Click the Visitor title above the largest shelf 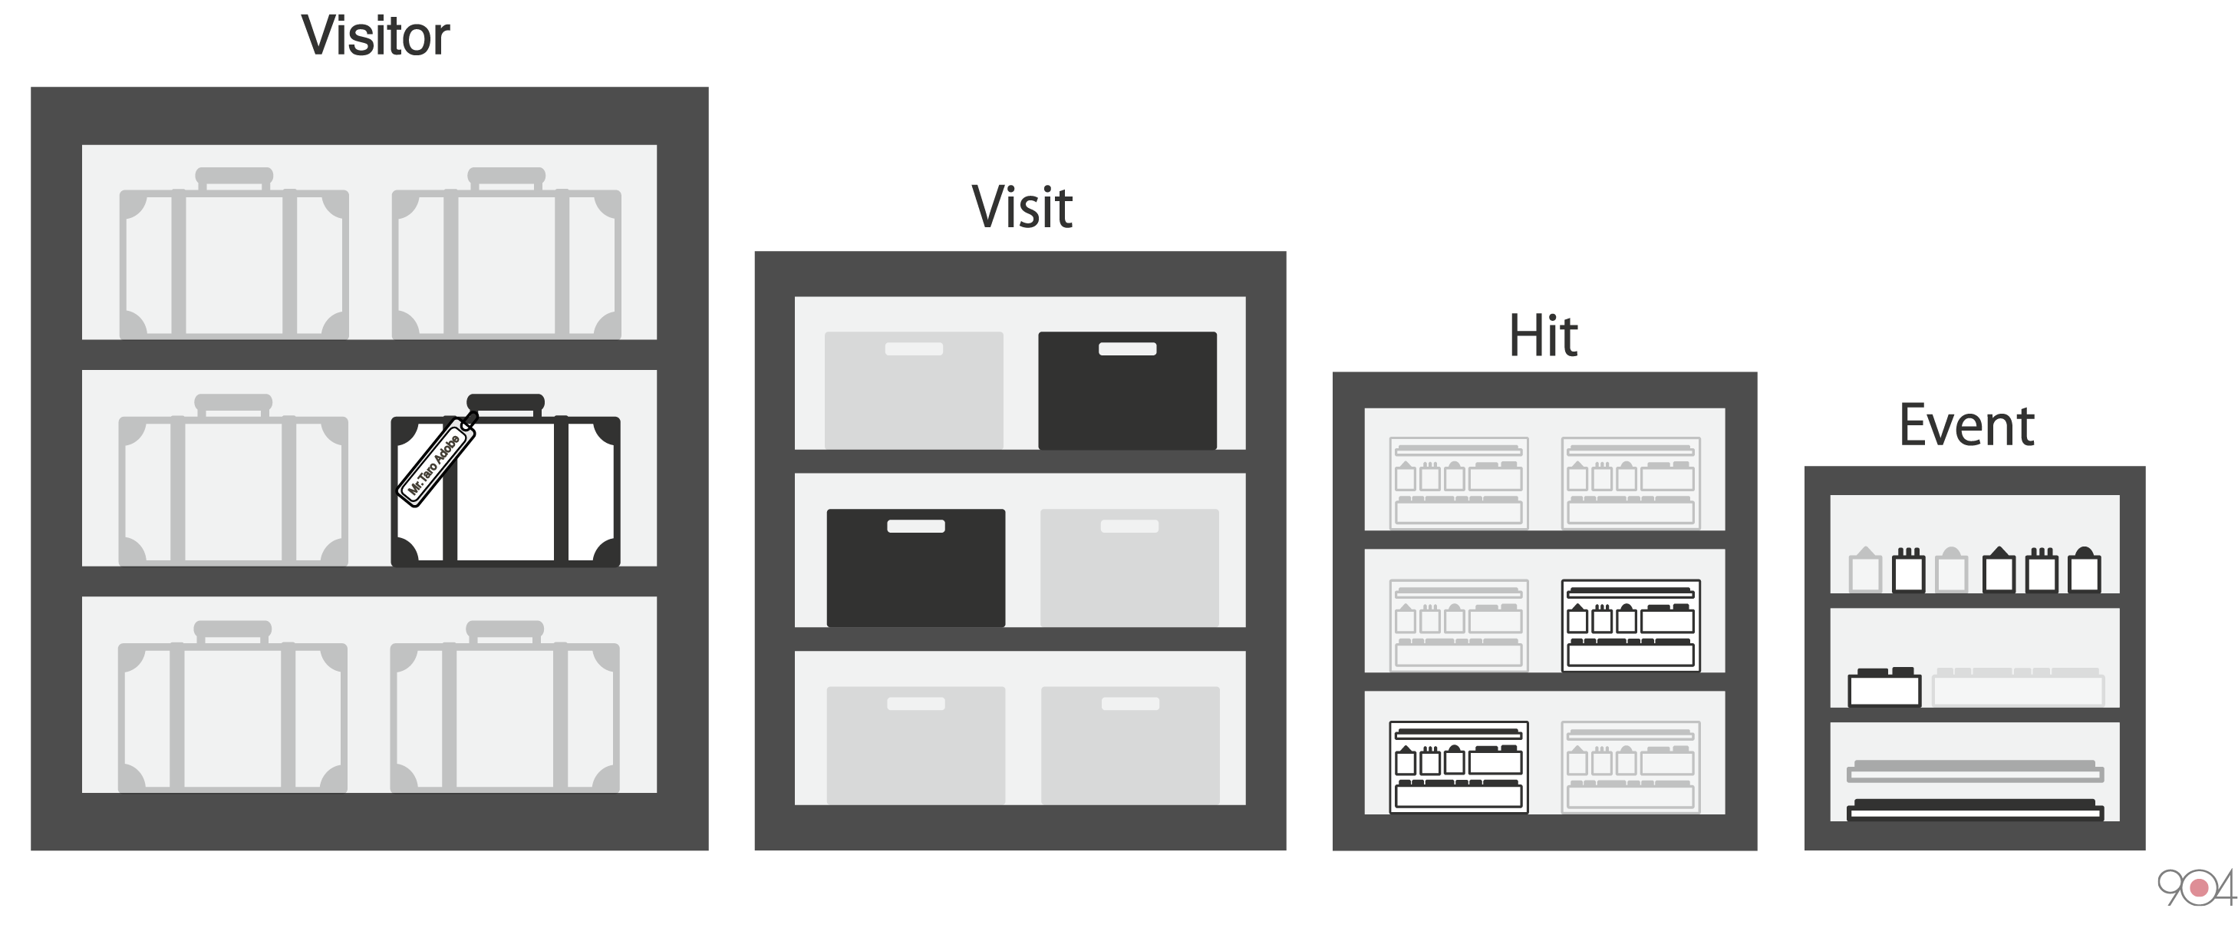pyautogui.click(x=375, y=37)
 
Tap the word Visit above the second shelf pyautogui.click(x=1022, y=208)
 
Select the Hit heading pyautogui.click(x=1543, y=336)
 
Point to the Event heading pyautogui.click(x=1966, y=426)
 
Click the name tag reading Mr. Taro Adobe pyautogui.click(x=436, y=461)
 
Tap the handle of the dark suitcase pyautogui.click(x=506, y=402)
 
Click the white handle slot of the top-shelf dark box pyautogui.click(x=1127, y=349)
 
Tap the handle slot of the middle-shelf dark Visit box pyautogui.click(x=916, y=526)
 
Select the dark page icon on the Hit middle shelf pyautogui.click(x=1630, y=626)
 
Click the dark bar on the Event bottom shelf pyautogui.click(x=1974, y=811)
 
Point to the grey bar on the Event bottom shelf pyautogui.click(x=1974, y=771)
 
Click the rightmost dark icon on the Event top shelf pyautogui.click(x=2085, y=571)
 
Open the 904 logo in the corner pyautogui.click(x=2196, y=888)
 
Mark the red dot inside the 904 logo pyautogui.click(x=2199, y=888)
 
